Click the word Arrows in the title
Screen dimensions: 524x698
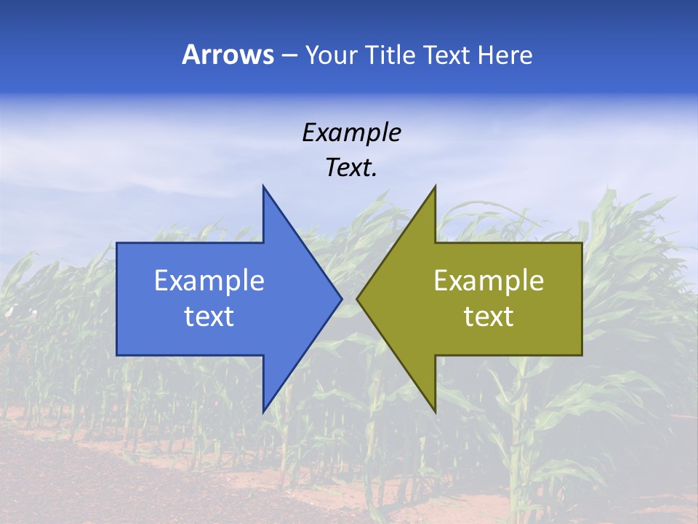[x=228, y=55]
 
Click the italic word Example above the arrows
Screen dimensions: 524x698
[x=351, y=132]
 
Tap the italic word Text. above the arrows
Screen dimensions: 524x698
[x=351, y=167]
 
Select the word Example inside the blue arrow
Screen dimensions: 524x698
[x=209, y=280]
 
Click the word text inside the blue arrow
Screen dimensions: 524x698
[x=209, y=316]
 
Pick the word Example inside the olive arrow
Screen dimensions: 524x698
[x=489, y=280]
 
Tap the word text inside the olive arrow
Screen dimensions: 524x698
[x=489, y=316]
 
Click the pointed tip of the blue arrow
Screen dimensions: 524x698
[x=342, y=298]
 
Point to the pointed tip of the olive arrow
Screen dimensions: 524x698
[x=357, y=298]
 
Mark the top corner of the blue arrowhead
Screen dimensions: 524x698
[x=263, y=186]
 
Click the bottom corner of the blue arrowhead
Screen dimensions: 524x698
[x=263, y=412]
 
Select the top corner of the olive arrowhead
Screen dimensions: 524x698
[x=435, y=186]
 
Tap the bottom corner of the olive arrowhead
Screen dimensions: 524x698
[x=435, y=412]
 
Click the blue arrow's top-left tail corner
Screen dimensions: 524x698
[x=117, y=243]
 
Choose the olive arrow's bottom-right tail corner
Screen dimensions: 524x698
[x=582, y=355]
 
